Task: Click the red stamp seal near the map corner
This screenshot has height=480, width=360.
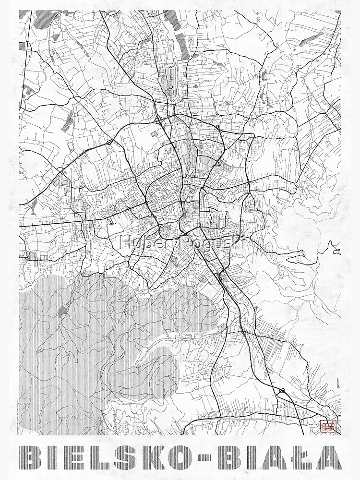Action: click(329, 425)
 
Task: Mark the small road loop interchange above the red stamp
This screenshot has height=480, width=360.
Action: click(282, 391)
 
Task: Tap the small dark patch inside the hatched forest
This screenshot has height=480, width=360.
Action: click(62, 311)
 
